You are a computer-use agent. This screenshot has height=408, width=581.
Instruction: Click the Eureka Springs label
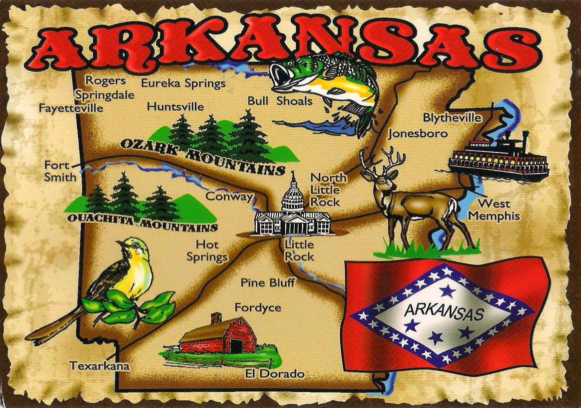[183, 83]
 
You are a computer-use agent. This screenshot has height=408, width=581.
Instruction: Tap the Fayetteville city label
[71, 107]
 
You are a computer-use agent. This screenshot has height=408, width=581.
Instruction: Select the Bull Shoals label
[280, 101]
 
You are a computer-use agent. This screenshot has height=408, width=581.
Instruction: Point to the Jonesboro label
[418, 134]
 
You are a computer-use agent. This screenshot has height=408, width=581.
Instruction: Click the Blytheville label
[452, 118]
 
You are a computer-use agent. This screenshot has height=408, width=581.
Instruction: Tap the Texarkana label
[99, 365]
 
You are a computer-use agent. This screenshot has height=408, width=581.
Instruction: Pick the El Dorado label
[274, 373]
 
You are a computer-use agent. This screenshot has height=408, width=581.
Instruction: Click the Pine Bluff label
[268, 282]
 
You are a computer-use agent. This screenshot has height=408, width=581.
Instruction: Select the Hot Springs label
[207, 251]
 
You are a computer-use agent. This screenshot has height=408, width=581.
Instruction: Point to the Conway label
[229, 196]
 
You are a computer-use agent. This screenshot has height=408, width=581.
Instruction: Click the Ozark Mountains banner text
[202, 155]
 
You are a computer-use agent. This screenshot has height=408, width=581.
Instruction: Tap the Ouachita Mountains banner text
[141, 223]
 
